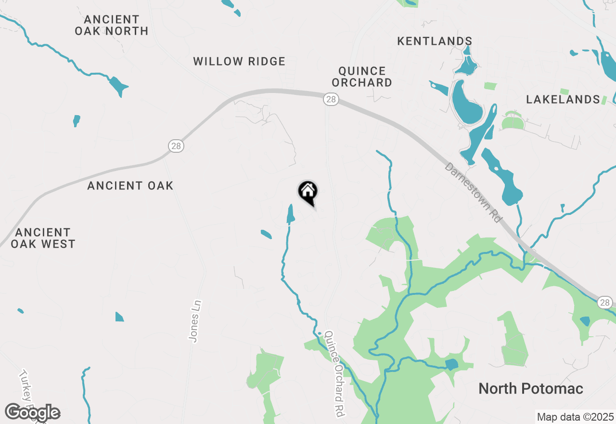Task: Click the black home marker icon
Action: pyautogui.click(x=308, y=192)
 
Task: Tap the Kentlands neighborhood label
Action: pyautogui.click(x=435, y=41)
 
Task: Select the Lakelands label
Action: pyautogui.click(x=563, y=100)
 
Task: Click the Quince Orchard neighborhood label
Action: pyautogui.click(x=362, y=77)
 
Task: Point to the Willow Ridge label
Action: pyautogui.click(x=239, y=62)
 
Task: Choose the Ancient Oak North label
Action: pyautogui.click(x=112, y=25)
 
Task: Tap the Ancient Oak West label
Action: pyautogui.click(x=43, y=238)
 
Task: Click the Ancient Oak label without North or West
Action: pyautogui.click(x=130, y=185)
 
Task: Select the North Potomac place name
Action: pyautogui.click(x=531, y=389)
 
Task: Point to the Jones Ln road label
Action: pyautogui.click(x=195, y=321)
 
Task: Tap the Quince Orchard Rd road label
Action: pyautogui.click(x=335, y=373)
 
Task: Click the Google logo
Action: pyautogui.click(x=32, y=413)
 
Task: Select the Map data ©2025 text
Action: pyautogui.click(x=576, y=417)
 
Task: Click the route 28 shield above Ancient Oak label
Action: pyautogui.click(x=177, y=146)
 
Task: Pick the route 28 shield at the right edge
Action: pyautogui.click(x=605, y=303)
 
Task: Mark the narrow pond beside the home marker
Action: pyautogui.click(x=290, y=214)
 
